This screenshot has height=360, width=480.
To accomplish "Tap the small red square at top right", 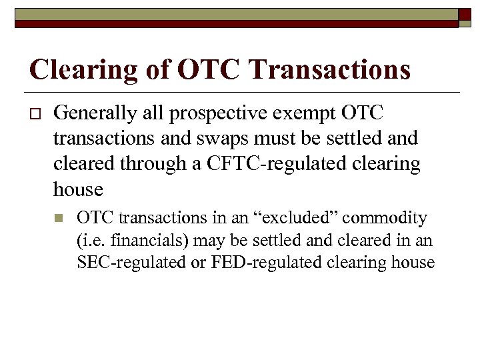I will tap(466, 17).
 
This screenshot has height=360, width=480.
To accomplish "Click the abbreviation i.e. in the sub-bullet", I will tap(91, 240).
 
